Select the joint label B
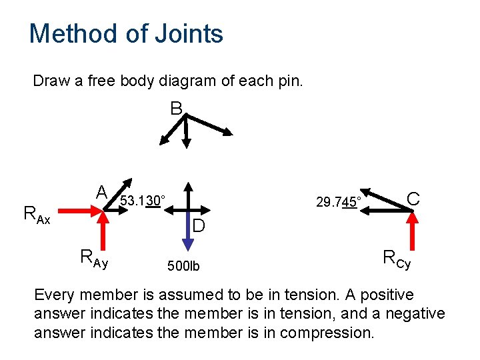click(176, 108)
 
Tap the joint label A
click(101, 193)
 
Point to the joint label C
click(413, 199)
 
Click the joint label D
click(199, 227)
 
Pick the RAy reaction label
click(93, 257)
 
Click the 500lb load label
click(185, 267)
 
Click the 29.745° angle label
click(339, 202)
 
